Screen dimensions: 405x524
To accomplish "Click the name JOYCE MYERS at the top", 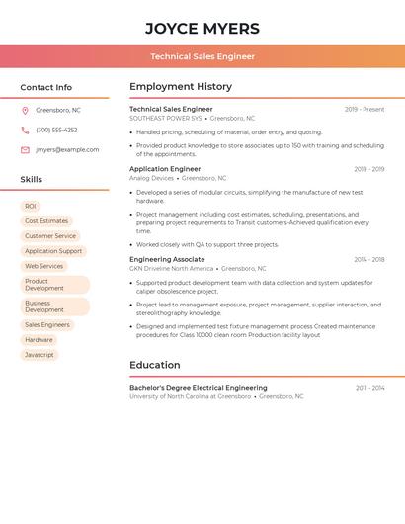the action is point(202,29).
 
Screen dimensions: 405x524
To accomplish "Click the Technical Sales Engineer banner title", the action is point(202,56).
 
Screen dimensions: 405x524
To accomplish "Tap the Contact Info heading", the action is point(46,87).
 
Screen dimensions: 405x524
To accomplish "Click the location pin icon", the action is point(25,111).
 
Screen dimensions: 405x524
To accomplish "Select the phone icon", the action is point(25,131).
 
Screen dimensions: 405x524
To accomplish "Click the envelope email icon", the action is point(25,150).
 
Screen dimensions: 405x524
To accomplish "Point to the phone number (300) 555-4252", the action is point(56,131).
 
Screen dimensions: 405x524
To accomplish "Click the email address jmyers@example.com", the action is point(67,150).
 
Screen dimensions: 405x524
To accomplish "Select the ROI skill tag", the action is point(31,206).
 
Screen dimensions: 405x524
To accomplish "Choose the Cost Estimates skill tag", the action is point(46,221).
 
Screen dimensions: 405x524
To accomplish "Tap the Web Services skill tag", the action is point(44,266).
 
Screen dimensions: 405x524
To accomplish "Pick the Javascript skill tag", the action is point(40,355).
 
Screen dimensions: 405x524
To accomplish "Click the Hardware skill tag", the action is point(40,340).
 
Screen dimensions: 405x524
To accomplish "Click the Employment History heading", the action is point(181,87).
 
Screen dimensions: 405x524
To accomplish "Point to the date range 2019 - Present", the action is point(364,110).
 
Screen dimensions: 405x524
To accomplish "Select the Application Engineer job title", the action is point(165,169).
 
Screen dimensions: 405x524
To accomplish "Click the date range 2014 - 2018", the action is point(368,260).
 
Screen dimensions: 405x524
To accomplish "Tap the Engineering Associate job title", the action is point(167,259).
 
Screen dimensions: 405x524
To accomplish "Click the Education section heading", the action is point(155,365).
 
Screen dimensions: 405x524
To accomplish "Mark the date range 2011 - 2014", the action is point(369,388).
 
